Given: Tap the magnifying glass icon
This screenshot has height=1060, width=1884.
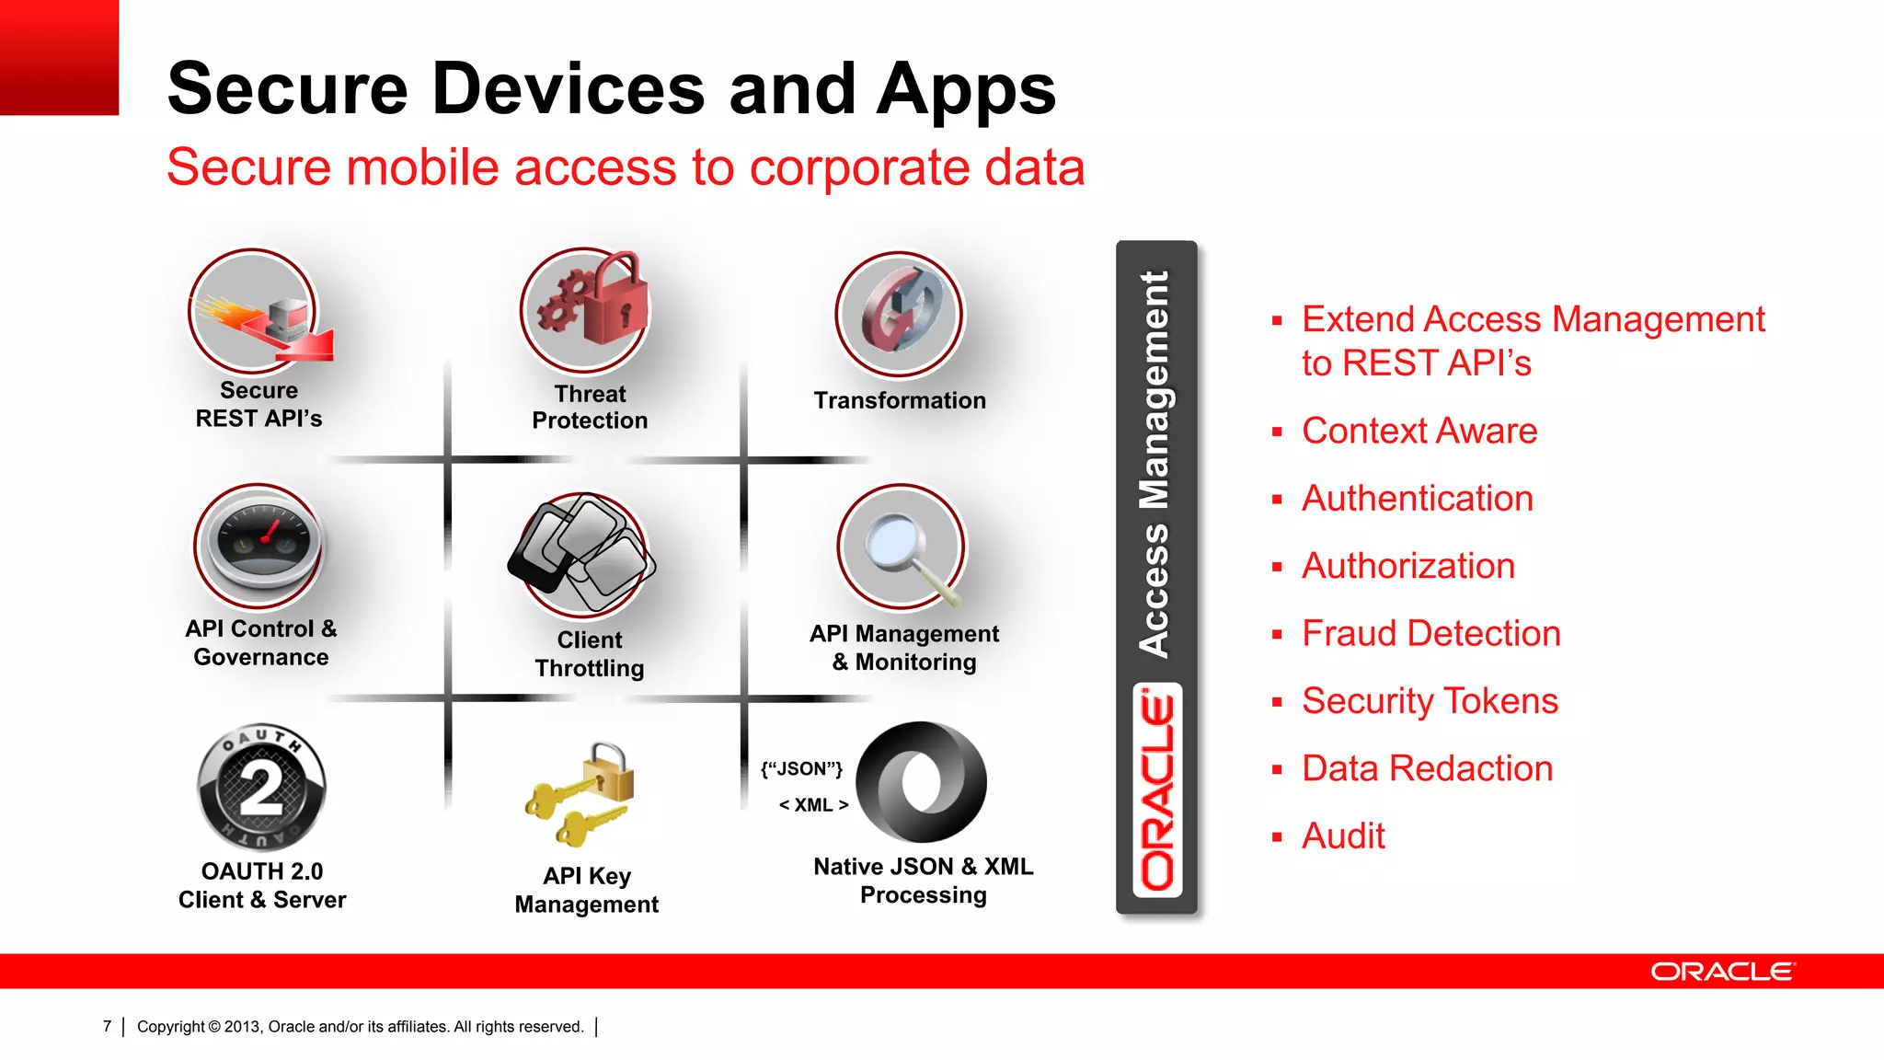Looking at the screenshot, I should click(902, 547).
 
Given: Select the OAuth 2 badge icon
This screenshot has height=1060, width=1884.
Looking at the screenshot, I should click(262, 787).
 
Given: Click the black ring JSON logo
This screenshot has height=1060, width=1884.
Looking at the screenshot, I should click(921, 782).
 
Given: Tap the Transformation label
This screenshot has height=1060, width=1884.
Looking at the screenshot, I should click(900, 401).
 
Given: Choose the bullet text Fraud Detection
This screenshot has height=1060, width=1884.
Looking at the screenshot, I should click(1430, 634).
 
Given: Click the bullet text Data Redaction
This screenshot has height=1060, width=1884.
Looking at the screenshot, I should click(1427, 769).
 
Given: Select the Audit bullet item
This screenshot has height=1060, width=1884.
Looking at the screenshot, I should click(1343, 836).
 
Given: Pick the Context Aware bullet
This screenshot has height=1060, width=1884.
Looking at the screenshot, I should click(1419, 432).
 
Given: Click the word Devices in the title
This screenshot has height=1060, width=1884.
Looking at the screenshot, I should click(569, 89).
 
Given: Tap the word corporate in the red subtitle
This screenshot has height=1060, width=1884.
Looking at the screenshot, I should click(859, 168).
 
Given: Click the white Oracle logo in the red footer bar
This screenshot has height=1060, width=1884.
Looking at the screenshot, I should click(1721, 972).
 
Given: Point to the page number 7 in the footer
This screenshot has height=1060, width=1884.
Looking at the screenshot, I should click(108, 1026).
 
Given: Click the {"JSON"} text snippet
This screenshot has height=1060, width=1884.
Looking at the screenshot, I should click(801, 769).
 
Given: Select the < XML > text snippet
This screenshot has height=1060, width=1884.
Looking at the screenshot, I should click(813, 805).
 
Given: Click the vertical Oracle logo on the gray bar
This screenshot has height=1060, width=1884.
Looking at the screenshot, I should click(1157, 791).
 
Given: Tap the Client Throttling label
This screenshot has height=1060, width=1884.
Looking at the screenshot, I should click(590, 654).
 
